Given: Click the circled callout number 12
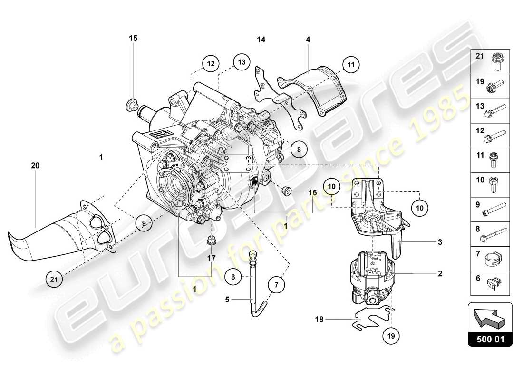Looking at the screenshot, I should pyautogui.click(x=210, y=62).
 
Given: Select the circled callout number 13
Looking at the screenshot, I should pyautogui.click(x=242, y=62).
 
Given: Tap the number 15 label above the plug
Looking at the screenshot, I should pyautogui.click(x=133, y=38).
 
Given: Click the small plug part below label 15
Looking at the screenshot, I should pyautogui.click(x=133, y=104).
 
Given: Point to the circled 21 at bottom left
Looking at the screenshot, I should pyautogui.click(x=54, y=279).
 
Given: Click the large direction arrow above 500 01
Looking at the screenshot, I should pyautogui.click(x=491, y=317).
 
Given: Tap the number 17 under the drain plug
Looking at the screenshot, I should pyautogui.click(x=212, y=258).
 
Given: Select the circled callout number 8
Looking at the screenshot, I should pyautogui.click(x=299, y=149).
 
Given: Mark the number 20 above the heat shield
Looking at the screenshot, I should pyautogui.click(x=35, y=166).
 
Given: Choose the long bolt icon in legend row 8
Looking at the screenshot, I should pyautogui.click(x=498, y=234).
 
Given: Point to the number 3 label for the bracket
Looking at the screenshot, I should pyautogui.click(x=440, y=242).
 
